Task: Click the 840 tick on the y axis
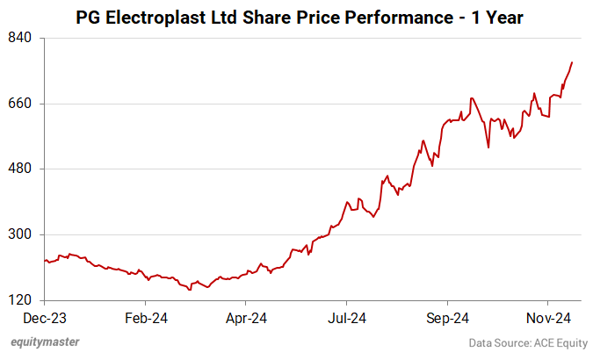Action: (x=21, y=38)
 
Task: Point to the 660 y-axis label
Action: (x=21, y=104)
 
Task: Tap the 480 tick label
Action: (x=21, y=169)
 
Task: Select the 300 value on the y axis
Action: (x=21, y=234)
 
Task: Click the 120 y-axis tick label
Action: (x=21, y=300)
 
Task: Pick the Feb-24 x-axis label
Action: (x=146, y=318)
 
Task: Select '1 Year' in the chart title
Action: (x=495, y=16)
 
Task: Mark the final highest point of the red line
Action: (x=572, y=62)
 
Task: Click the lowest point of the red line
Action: (x=190, y=289)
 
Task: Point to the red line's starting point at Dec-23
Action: (x=46, y=260)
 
